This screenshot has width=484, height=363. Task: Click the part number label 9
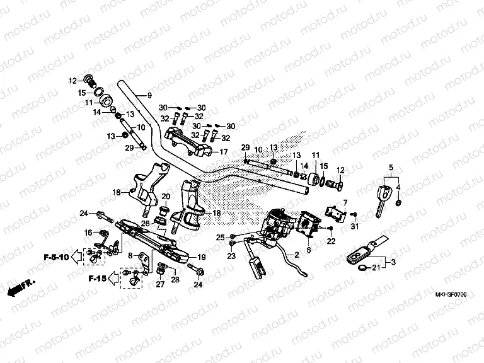click(149, 95)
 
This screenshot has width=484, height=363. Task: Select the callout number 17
click(223, 152)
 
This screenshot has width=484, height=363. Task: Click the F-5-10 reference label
click(56, 257)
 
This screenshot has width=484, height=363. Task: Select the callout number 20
click(166, 197)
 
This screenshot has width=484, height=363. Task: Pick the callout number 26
click(146, 222)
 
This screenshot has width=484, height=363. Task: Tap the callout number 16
click(88, 233)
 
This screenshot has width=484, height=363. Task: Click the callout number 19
click(202, 256)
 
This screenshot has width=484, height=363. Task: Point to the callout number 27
click(160, 284)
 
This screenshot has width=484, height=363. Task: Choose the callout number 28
click(175, 280)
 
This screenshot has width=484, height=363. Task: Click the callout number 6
click(308, 250)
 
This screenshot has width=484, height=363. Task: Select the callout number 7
click(344, 202)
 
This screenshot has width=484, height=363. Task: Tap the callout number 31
click(355, 226)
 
